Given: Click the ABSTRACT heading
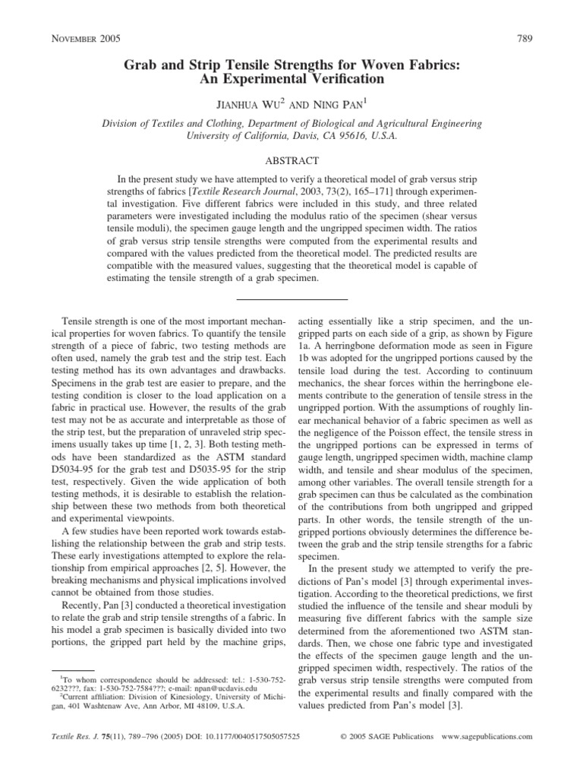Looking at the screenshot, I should coord(291,161).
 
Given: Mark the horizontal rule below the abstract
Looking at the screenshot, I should coord(291,299).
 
